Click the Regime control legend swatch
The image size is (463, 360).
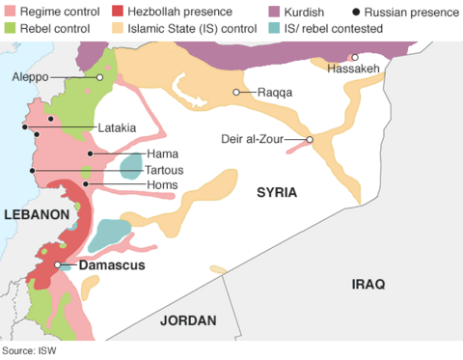click(10, 12)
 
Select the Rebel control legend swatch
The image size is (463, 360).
click(10, 29)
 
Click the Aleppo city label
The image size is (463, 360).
click(30, 76)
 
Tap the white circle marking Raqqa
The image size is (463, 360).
click(235, 93)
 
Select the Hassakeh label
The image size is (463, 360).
click(353, 69)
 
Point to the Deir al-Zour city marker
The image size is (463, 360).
click(310, 140)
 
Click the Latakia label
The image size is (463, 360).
click(115, 127)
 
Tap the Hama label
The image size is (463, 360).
click(161, 153)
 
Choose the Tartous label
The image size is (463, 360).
click(166, 169)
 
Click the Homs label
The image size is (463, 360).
click(162, 184)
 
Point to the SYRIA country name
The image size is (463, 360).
click(276, 193)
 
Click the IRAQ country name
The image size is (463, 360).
click(368, 284)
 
